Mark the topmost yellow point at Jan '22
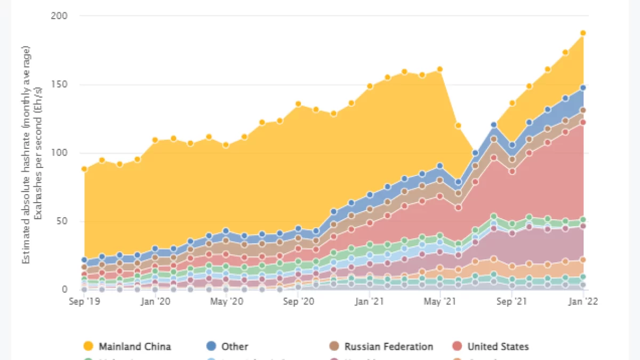583,33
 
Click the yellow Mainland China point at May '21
440,69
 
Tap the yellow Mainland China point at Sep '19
84,169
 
